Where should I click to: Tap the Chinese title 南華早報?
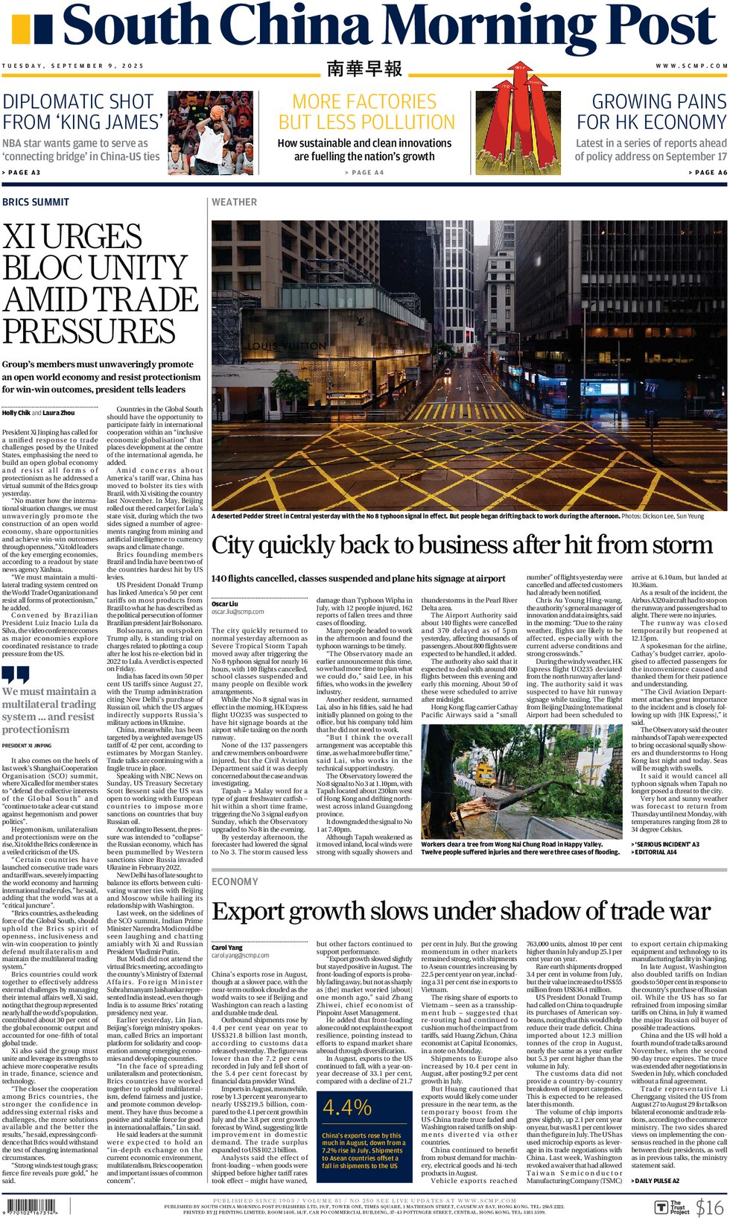point(364,69)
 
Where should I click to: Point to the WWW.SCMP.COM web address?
point(691,66)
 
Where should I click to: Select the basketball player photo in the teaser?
point(211,133)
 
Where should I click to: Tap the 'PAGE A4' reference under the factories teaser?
point(364,173)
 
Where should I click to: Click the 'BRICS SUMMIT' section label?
point(36,202)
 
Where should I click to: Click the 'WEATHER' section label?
point(234,202)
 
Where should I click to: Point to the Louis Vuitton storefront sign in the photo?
point(287,346)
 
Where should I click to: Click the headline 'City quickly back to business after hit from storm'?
point(462,545)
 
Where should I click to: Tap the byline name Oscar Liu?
point(225,603)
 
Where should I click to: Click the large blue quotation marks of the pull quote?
point(16,675)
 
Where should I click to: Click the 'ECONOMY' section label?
point(235,881)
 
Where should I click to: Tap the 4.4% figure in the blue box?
point(347,1107)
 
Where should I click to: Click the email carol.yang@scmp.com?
point(240,955)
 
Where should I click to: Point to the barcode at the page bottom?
point(30,1207)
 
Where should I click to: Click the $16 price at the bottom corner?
point(709,1207)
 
